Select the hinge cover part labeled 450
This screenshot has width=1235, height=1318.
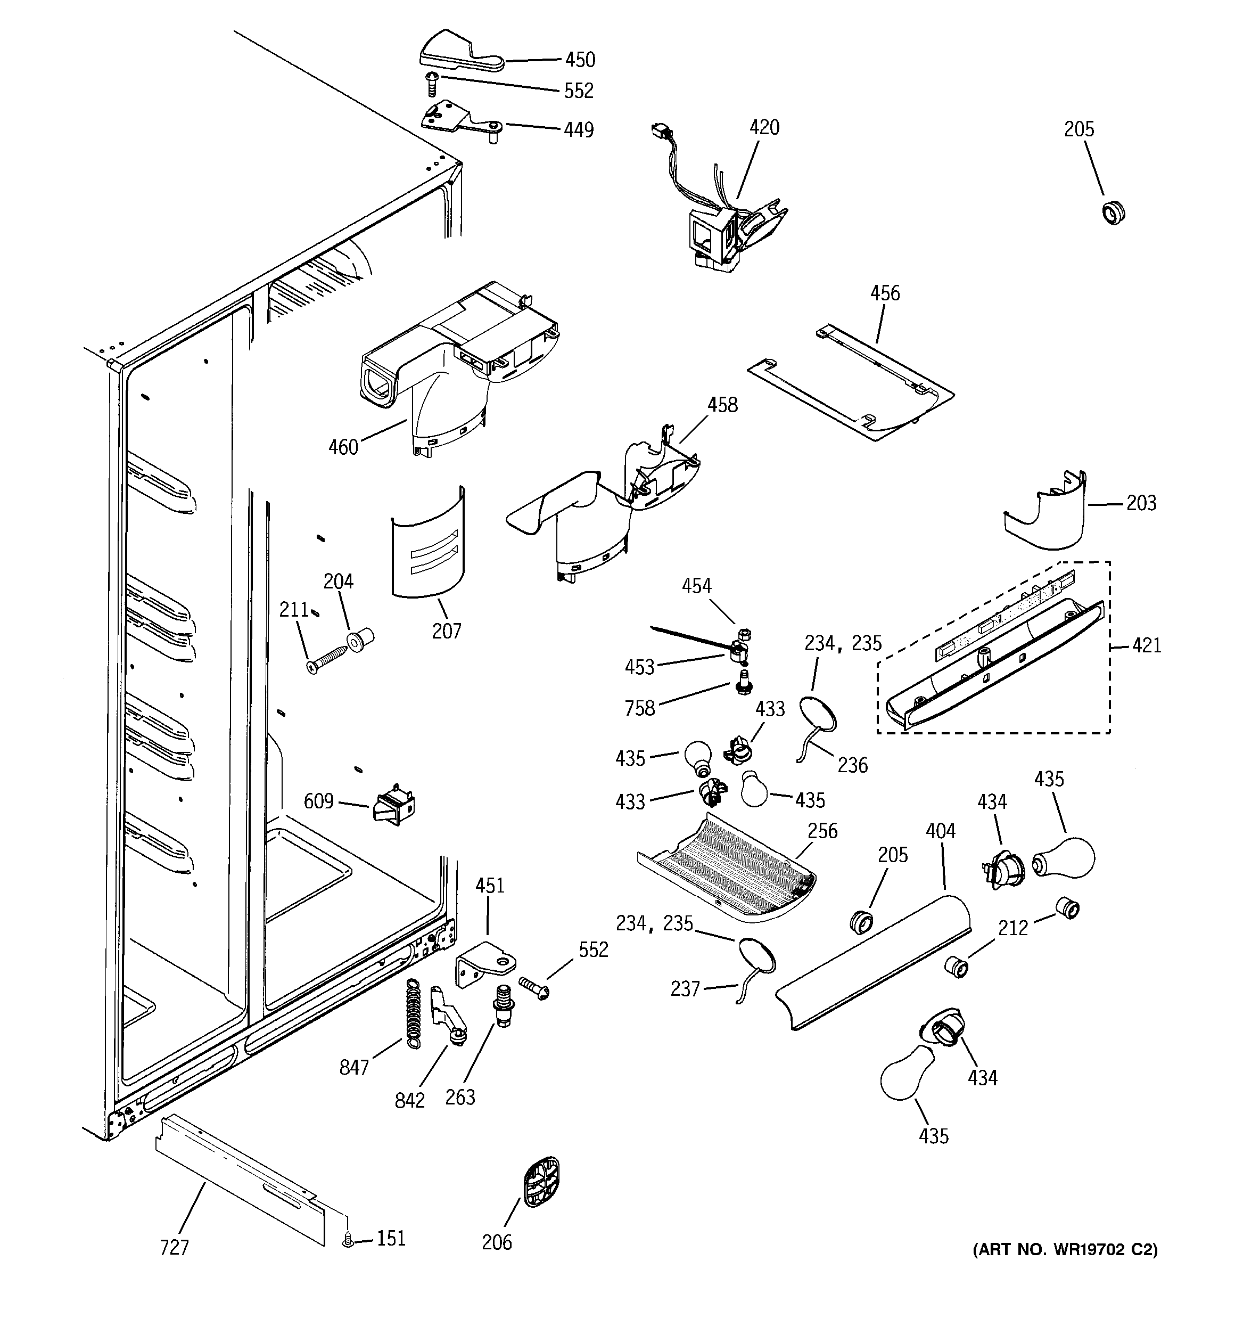pos(457,52)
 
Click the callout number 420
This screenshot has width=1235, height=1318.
pos(764,127)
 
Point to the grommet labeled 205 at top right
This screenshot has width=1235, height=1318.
pos(1114,214)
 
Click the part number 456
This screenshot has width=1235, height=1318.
pos(884,293)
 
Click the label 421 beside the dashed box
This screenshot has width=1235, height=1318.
pos(1146,645)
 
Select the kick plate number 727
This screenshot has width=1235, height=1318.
pos(175,1248)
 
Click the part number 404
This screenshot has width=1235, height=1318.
pos(940,831)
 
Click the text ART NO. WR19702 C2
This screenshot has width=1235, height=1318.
pos(1065,1250)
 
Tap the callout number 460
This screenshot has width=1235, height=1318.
pos(343,447)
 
